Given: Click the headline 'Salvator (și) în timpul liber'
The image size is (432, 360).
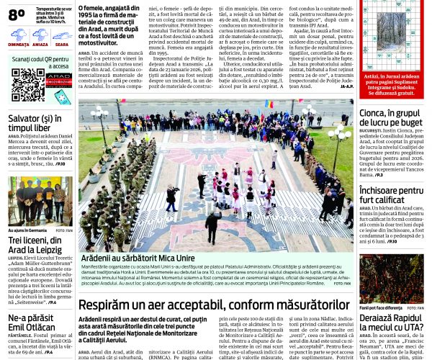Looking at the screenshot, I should click(35, 123).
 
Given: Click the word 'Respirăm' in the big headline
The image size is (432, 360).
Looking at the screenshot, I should click(108, 305).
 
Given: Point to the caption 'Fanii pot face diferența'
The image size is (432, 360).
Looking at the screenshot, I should click(381, 307).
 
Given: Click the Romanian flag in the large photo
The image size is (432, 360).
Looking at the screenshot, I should click(270, 105).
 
